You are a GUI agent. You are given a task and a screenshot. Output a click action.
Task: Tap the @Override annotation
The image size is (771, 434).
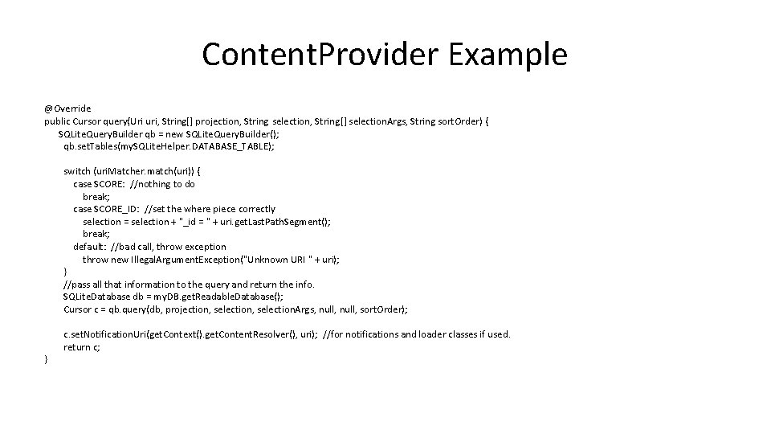[x=67, y=108]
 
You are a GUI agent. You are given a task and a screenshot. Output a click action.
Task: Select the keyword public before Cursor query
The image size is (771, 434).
[x=58, y=121]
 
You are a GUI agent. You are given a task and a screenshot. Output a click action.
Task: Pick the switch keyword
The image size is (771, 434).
[x=77, y=171]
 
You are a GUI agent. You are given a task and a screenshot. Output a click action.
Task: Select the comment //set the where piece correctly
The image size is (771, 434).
[x=210, y=209]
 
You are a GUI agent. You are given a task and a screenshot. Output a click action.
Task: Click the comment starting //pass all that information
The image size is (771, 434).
[x=189, y=284]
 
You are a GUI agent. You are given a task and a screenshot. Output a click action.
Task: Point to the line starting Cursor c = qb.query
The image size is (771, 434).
[x=235, y=309]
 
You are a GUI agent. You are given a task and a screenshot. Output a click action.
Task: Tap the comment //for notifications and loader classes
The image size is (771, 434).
[x=416, y=334]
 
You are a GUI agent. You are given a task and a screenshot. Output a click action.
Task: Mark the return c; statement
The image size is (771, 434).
[x=82, y=347]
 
